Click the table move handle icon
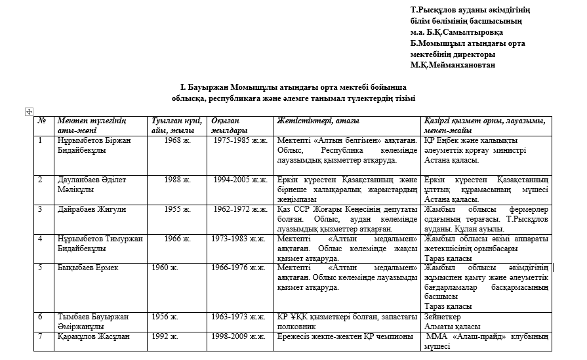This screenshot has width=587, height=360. coord(29,111)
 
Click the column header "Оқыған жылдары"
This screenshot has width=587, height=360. coord(225,125)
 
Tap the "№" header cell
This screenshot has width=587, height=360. coord(42,121)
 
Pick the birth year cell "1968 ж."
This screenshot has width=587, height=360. coord(178,140)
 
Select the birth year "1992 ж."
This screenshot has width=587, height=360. coord(165,337)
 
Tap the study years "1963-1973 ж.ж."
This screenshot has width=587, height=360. coord(237,317)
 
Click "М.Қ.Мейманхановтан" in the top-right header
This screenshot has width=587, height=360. coord(453,65)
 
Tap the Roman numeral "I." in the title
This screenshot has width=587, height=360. coord(184,87)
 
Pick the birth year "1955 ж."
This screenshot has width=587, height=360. coord(178,209)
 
